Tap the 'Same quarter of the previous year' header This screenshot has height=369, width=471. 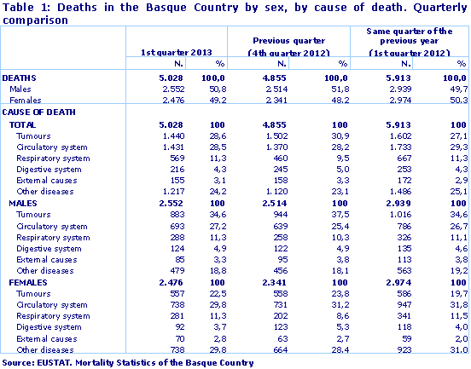pyautogui.click(x=410, y=46)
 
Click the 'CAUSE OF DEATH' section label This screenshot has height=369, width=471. pyautogui.click(x=40, y=112)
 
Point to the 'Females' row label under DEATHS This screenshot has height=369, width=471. pyautogui.click(x=26, y=100)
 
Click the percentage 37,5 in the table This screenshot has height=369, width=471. pyautogui.click(x=339, y=216)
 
